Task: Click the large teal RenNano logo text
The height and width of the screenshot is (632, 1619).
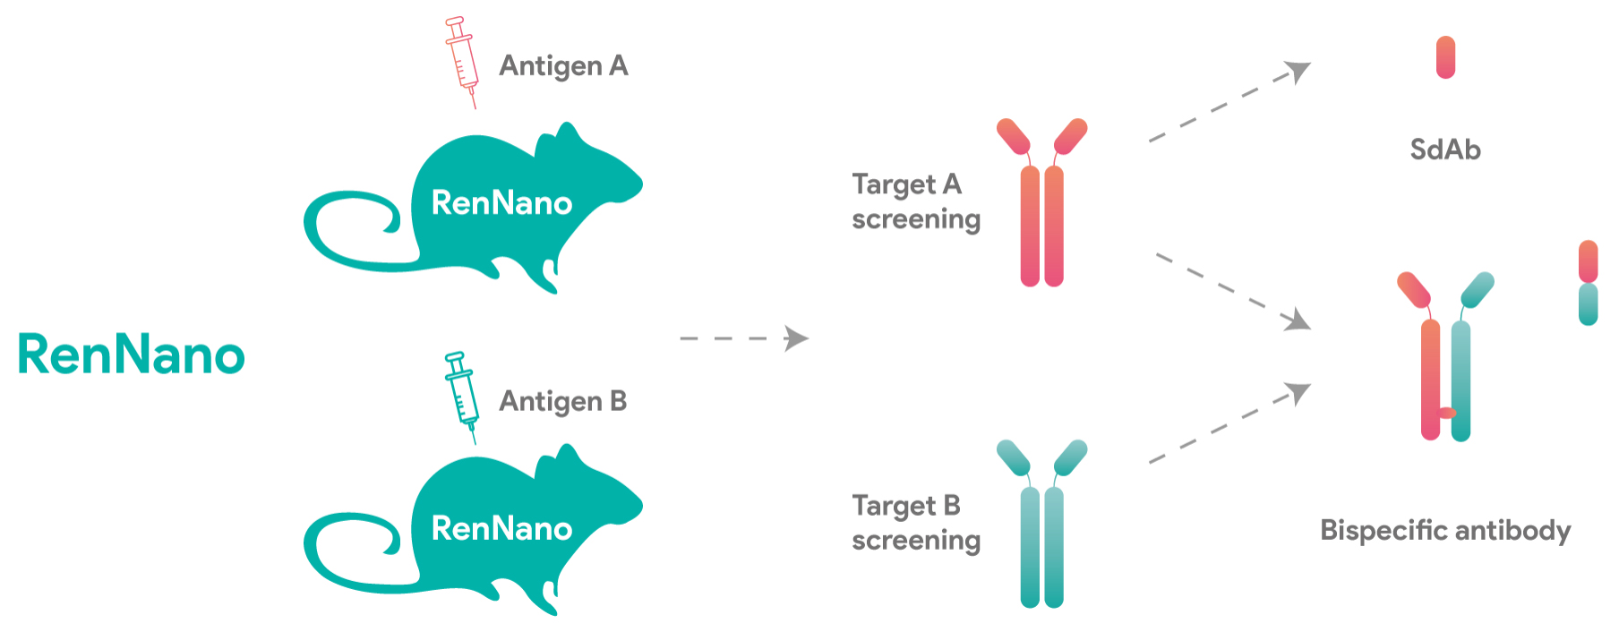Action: click(132, 354)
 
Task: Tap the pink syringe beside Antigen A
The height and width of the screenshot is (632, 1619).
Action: click(462, 62)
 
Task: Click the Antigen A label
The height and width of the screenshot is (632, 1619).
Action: click(563, 67)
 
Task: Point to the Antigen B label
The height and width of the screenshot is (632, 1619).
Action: click(562, 402)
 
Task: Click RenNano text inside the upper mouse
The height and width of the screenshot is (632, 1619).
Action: click(501, 203)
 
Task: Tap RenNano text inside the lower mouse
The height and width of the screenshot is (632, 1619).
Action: click(501, 528)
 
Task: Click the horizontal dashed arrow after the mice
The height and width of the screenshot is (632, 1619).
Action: click(744, 338)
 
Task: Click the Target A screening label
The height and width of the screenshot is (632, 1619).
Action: click(916, 202)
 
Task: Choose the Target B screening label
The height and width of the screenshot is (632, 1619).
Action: click(916, 524)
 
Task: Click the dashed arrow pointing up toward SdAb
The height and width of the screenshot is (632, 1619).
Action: click(1229, 101)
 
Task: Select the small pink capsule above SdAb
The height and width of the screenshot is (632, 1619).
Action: click(1445, 57)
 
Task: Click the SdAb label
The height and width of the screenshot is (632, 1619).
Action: click(1445, 149)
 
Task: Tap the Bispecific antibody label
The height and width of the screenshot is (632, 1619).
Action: click(1445, 530)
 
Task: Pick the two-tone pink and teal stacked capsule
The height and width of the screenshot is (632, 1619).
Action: click(1588, 283)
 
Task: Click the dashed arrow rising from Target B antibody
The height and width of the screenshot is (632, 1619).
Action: click(1229, 423)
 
